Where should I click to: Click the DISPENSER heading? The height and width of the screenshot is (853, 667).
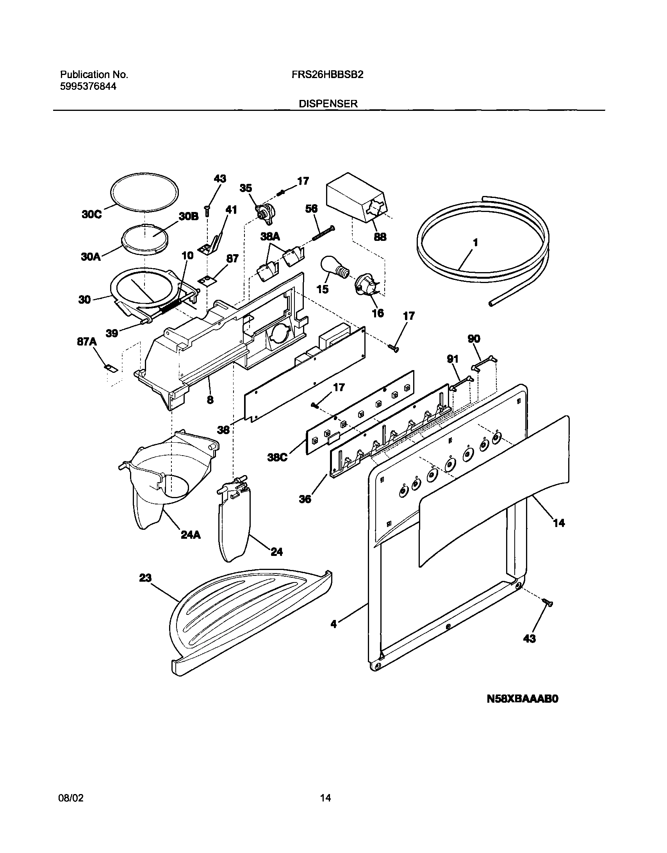point(328,104)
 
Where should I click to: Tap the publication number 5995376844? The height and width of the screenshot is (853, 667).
point(88,87)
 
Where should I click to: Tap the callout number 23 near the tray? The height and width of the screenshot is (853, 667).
point(145,578)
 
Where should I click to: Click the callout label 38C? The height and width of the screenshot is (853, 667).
point(277,458)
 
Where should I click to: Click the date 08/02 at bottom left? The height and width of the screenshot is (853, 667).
point(71,798)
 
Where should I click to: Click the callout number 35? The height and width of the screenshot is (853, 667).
point(246,188)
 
